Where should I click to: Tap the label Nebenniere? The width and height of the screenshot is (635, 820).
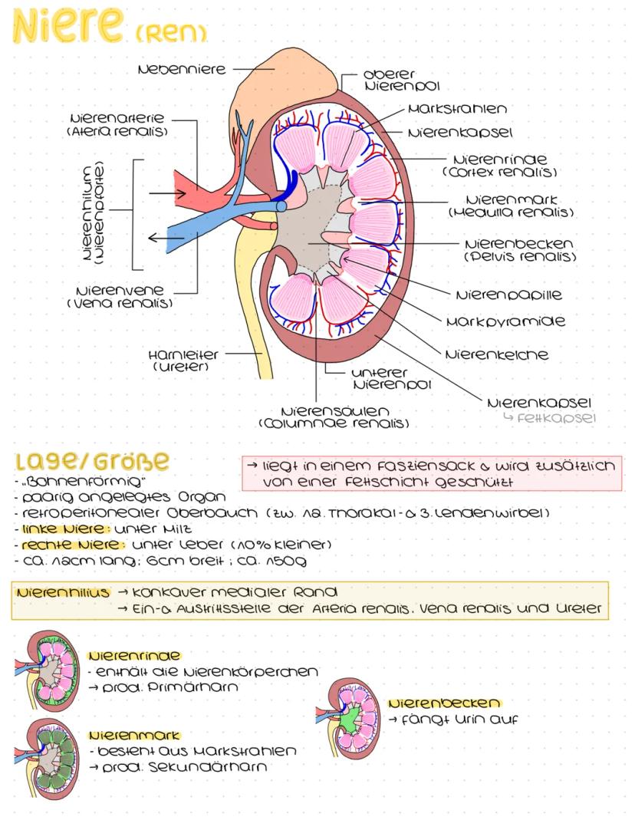point(181,69)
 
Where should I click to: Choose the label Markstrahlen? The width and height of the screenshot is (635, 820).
point(457,109)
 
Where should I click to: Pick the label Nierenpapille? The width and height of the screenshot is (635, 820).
point(508,295)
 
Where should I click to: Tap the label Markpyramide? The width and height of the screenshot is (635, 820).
point(505,321)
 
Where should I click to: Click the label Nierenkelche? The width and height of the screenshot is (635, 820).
point(496,354)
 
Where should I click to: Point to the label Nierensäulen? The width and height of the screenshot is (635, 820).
point(335,411)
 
